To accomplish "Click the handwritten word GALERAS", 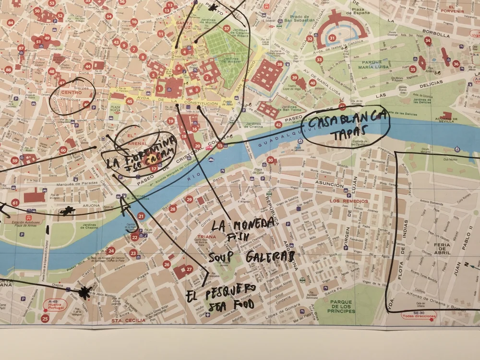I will (270, 258).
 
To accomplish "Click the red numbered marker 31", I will (332, 38).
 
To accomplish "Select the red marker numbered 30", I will (270, 160).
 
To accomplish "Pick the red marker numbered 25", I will (45, 318).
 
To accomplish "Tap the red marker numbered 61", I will (15, 203).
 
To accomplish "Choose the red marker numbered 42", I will (278, 125).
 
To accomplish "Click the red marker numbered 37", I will (226, 28).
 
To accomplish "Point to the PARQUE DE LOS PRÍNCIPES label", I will (341, 306).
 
